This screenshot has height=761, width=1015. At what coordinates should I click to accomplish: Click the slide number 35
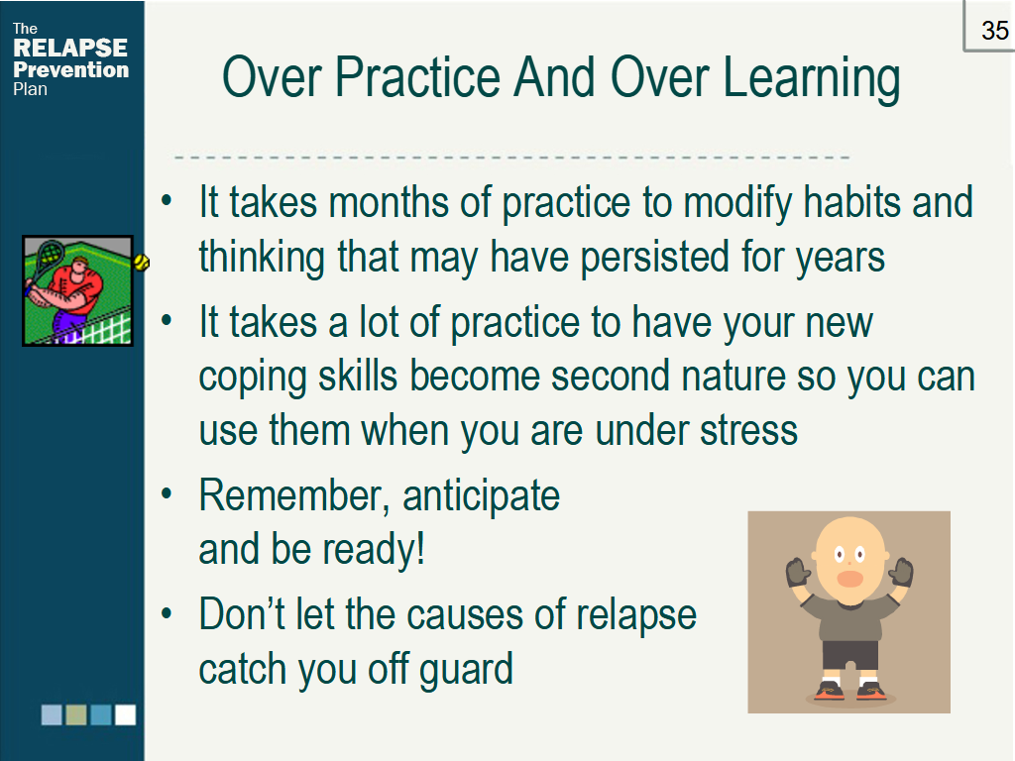click(994, 31)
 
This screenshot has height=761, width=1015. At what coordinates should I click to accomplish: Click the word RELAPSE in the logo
click(70, 48)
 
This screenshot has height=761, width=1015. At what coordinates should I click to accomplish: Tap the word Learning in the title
click(811, 78)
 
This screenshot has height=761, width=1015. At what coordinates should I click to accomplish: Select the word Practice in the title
click(418, 77)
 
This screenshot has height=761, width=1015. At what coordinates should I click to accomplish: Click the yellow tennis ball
click(141, 262)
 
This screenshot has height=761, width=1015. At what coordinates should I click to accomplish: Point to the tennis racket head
click(49, 256)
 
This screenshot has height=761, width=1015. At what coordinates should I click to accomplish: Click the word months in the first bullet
click(388, 202)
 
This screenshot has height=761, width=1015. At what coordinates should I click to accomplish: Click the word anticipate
click(481, 497)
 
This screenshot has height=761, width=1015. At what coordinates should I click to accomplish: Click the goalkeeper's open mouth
click(849, 578)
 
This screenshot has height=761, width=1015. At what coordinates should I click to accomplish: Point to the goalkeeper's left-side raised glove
click(798, 572)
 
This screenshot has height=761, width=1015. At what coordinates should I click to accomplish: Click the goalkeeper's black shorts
click(850, 655)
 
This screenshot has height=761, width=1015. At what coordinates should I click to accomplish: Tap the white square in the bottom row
click(126, 714)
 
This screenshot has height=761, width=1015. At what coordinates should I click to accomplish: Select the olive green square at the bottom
click(76, 714)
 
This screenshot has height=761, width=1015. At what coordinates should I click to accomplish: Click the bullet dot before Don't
click(167, 612)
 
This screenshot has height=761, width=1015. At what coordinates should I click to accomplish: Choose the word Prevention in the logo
click(71, 70)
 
